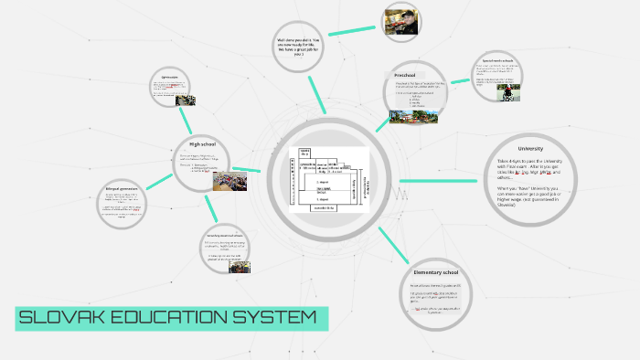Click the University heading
[530, 148]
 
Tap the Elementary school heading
[442, 272]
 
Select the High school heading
[201, 143]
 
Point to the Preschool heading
[405, 74]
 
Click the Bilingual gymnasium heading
[121, 189]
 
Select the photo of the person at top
[402, 22]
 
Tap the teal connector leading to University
[437, 180]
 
